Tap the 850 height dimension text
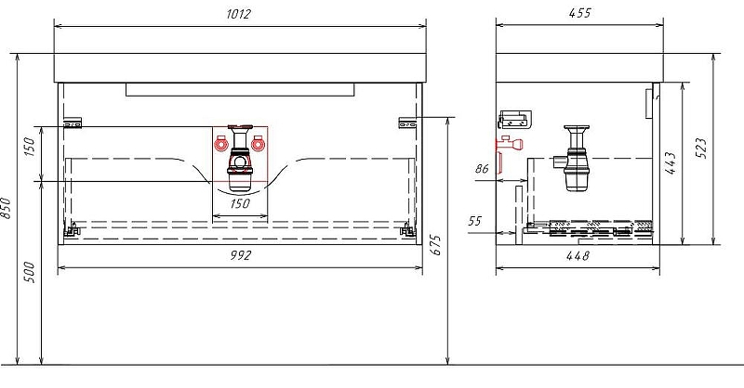[x=8, y=211]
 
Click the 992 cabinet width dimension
[x=241, y=255]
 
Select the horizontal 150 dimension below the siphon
[x=241, y=205]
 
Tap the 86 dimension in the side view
[x=482, y=169]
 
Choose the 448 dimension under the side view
[x=577, y=257]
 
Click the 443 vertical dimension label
[x=671, y=162]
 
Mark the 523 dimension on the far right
[x=701, y=146]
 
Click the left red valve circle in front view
[x=221, y=144]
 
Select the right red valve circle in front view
[x=259, y=144]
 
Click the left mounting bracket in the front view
[x=73, y=122]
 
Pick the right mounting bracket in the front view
[x=406, y=121]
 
